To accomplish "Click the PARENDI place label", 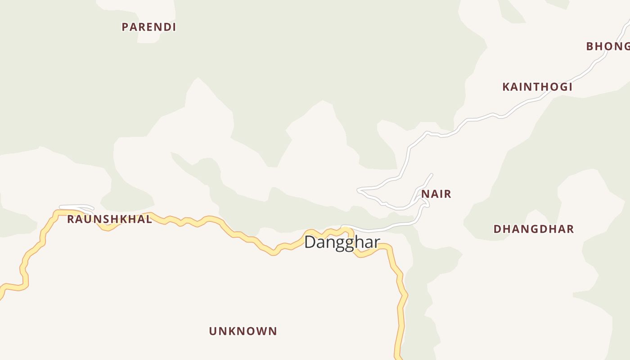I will pyautogui.click(x=148, y=27).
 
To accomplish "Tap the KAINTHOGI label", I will pyautogui.click(x=537, y=87).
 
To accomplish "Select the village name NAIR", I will pyautogui.click(x=436, y=194).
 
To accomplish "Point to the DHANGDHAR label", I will pyautogui.click(x=534, y=229).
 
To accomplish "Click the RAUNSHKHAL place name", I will pyautogui.click(x=109, y=220).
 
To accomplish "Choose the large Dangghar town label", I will pyautogui.click(x=342, y=242).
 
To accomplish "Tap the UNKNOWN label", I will pyautogui.click(x=243, y=331).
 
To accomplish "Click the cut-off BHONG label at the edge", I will pyautogui.click(x=608, y=46).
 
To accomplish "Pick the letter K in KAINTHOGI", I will pyautogui.click(x=506, y=87).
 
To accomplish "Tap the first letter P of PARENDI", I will pyautogui.click(x=125, y=27).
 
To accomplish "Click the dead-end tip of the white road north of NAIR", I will pyautogui.click(x=431, y=175).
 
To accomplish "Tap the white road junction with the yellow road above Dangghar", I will pyautogui.click(x=344, y=228).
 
